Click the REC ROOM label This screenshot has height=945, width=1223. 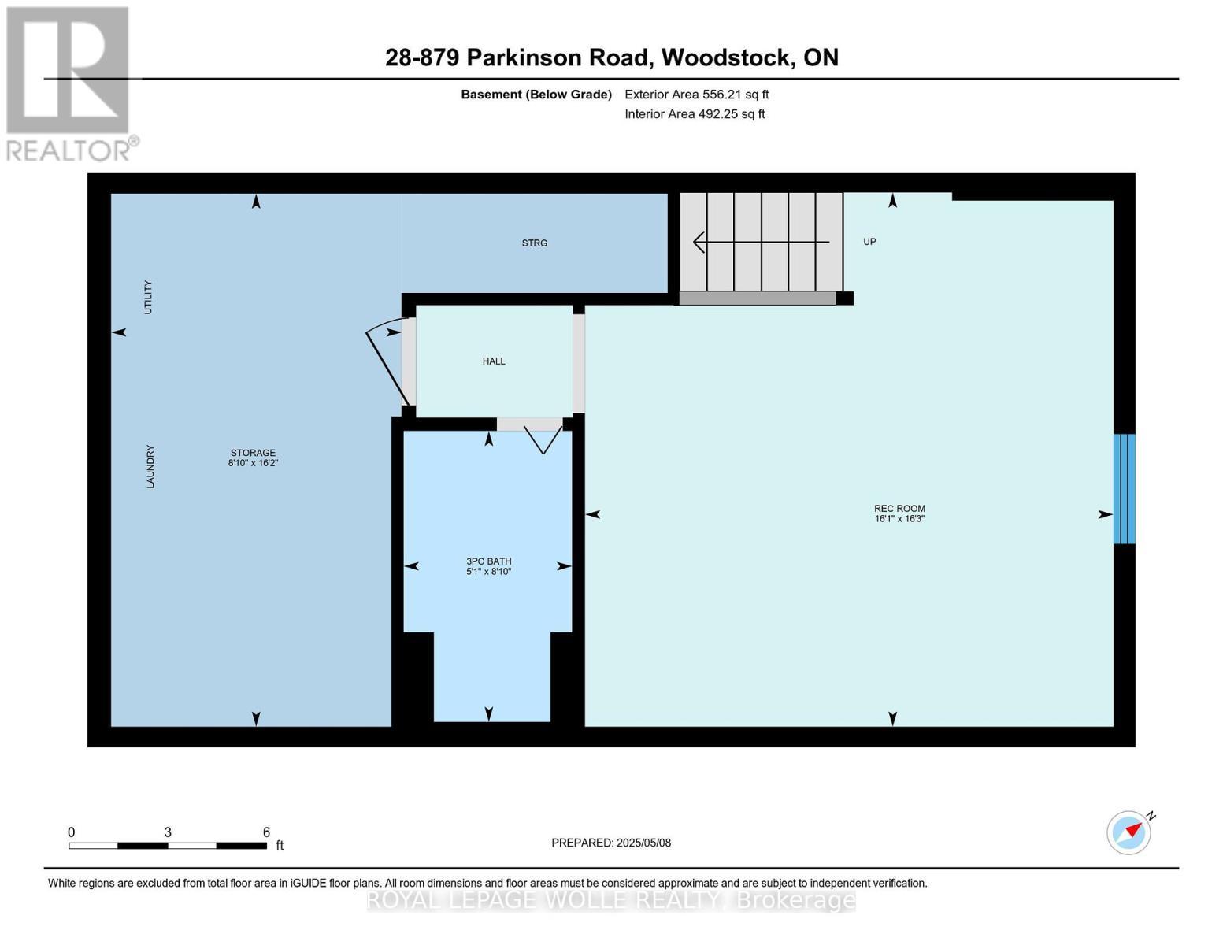(899, 508)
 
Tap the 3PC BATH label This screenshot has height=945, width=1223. (488, 561)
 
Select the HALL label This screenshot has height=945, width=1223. (494, 361)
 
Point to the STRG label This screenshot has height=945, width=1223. (534, 243)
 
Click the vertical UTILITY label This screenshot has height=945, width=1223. (148, 297)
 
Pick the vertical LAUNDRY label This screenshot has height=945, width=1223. (150, 466)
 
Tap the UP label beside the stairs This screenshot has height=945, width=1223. (869, 242)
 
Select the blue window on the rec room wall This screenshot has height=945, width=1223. (1124, 488)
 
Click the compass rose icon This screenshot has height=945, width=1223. (1128, 833)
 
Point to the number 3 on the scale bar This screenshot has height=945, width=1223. (168, 832)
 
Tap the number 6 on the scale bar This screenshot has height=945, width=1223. (266, 832)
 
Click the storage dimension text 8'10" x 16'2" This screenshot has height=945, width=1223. (254, 462)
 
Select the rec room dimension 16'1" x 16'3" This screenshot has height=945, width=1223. (899, 518)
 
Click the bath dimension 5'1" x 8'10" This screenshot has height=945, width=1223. (488, 571)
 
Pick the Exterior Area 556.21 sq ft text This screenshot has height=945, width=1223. (696, 94)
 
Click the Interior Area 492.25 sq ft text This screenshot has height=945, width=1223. (695, 114)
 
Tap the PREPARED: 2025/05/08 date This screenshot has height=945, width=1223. (611, 843)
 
